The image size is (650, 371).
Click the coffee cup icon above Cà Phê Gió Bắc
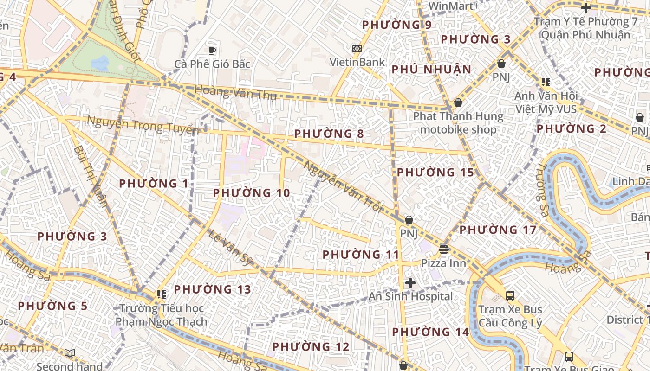(212, 51)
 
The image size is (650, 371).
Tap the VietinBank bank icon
(357, 49)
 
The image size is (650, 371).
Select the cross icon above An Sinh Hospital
(410, 283)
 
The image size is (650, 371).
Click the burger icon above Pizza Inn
(444, 249)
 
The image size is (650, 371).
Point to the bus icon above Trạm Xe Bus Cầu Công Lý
(510, 295)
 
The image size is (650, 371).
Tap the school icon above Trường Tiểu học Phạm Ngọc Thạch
(161, 294)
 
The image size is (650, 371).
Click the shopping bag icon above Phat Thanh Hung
(458, 102)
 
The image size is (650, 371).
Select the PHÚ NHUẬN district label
(431, 70)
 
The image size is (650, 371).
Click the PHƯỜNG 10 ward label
(251, 193)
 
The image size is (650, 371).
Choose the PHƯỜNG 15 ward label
(435, 173)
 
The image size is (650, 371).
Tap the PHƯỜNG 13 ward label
(212, 289)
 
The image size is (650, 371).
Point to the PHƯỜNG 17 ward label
(498, 230)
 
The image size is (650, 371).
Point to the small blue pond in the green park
(100, 63)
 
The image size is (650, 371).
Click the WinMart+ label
(454, 6)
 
